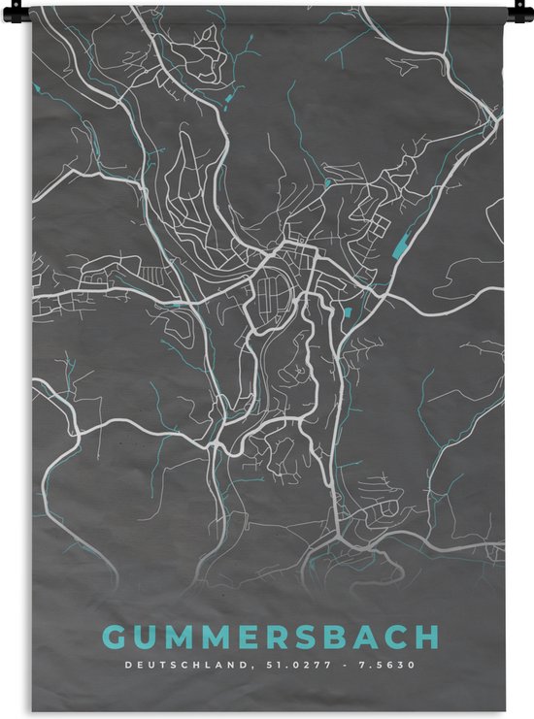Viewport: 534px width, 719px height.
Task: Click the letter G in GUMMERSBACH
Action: click(115, 637)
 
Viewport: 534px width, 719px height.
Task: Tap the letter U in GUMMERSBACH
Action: click(147, 637)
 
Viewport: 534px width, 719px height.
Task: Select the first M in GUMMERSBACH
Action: click(182, 637)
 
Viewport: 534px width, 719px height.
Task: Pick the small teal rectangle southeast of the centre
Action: click(347, 312)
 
